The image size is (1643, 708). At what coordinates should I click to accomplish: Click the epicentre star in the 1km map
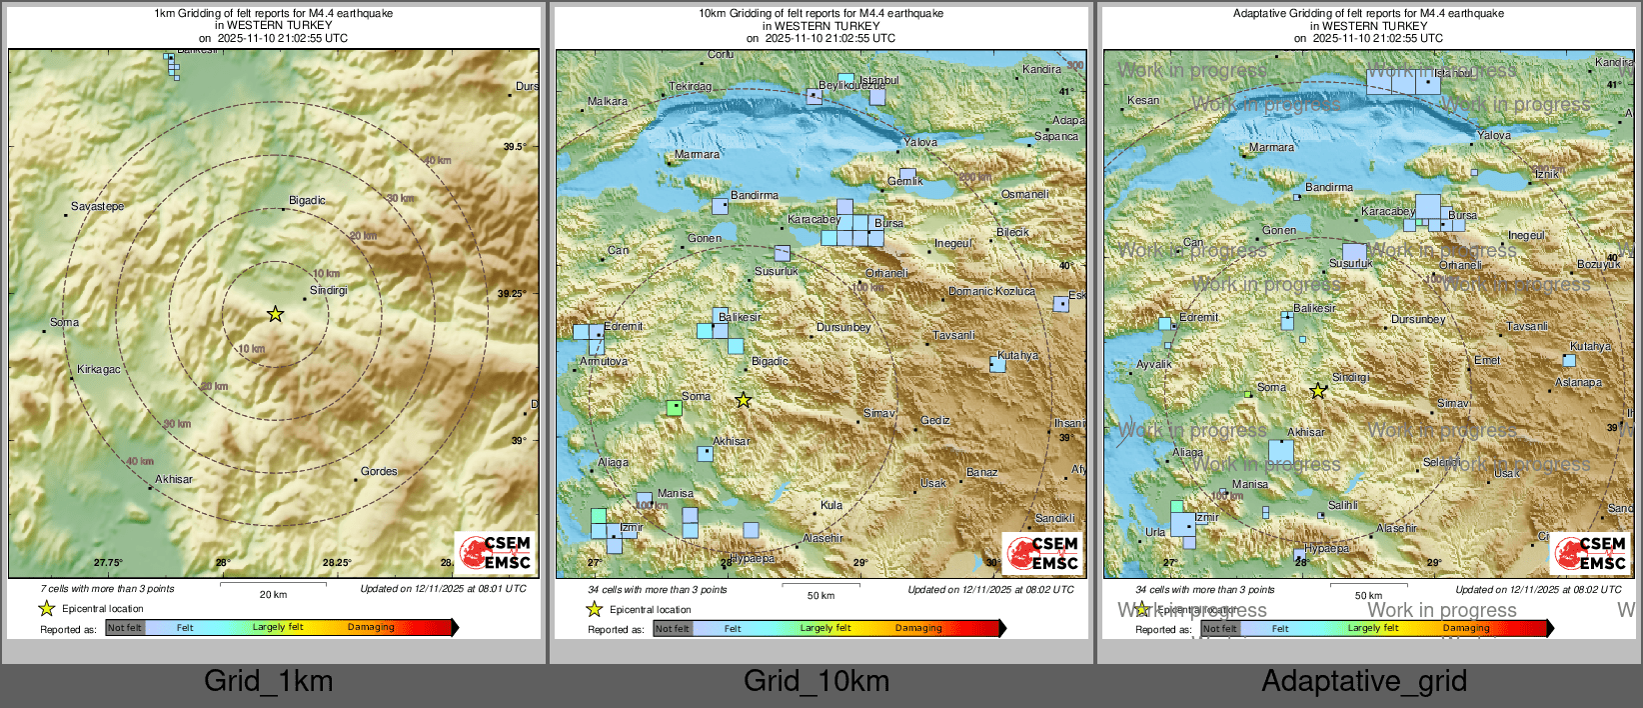pos(275,314)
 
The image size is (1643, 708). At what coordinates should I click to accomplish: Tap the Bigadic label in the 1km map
pos(307,200)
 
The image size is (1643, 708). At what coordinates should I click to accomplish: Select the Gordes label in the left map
pos(379,471)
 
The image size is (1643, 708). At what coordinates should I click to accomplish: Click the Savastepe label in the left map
pos(98,206)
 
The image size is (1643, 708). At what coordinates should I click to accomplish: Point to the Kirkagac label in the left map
pos(99,369)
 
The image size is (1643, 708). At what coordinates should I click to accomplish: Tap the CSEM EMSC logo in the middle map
pos(1042,552)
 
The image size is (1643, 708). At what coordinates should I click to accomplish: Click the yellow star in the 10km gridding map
pos(743,400)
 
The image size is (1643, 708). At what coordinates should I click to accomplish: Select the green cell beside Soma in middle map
pos(674,408)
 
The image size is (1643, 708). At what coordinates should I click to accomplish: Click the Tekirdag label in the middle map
pos(690,87)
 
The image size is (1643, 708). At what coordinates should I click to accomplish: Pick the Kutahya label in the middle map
pos(1017,355)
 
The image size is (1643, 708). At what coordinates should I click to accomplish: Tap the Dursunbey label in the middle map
pos(843,327)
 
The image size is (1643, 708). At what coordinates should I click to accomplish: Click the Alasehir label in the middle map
pos(822,538)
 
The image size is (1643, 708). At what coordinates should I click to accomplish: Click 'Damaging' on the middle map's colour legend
pos(918,628)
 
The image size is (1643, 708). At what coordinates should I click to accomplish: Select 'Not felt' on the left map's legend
pos(125,628)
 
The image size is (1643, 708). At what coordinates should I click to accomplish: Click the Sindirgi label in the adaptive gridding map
pos(1350,377)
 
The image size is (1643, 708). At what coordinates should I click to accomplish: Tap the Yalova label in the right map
pos(1494,135)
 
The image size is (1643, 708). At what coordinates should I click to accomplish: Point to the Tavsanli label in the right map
pos(1527,327)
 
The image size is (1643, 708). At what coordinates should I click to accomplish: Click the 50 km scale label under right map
pos(1368,595)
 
